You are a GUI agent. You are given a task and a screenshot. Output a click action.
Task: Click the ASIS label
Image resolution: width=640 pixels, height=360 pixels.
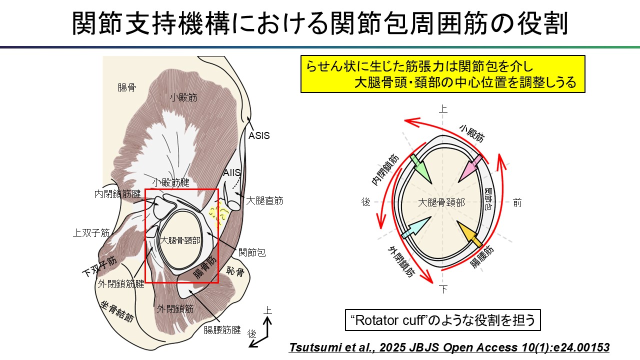pos(259,135)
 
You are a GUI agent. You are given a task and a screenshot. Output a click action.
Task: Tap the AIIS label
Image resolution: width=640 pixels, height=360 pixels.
pos(231,172)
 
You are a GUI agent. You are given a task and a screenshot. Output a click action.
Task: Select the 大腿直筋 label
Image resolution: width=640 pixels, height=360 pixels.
pos(264,200)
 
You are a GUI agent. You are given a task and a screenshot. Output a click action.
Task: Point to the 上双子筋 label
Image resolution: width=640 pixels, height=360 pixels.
pos(91,233)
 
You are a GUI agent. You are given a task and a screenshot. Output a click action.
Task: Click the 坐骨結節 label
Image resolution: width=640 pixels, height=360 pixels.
pos(117,311)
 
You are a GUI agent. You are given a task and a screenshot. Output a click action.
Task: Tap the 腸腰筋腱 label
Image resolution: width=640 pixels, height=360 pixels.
pos(222,330)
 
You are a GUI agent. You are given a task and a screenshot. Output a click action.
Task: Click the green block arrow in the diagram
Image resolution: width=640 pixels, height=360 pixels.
pos(420,168)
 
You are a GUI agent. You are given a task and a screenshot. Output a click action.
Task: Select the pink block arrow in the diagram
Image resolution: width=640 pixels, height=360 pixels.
pos(470,168)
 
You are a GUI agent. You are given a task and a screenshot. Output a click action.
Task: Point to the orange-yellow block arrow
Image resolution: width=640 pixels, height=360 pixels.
pos(469,233)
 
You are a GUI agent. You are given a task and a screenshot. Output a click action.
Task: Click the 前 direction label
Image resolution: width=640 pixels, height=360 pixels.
pos(517,202)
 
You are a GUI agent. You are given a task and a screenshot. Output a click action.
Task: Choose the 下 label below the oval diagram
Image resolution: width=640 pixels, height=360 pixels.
pos(443,289)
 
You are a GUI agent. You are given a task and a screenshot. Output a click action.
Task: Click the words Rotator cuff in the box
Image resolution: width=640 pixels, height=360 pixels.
pos(389,320)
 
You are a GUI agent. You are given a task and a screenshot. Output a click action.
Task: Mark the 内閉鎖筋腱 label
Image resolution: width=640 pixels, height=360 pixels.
pos(117,194)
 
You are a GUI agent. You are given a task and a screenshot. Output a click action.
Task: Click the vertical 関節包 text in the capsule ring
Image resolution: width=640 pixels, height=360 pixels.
pos(488,199)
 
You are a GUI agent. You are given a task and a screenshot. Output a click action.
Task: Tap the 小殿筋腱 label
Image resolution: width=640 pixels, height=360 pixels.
pos(170,182)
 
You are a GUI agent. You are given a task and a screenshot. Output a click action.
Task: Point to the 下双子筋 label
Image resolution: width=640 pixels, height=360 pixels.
pos(99,266)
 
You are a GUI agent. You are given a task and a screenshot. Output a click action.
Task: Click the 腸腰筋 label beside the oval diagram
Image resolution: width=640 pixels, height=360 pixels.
pos(481,257)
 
